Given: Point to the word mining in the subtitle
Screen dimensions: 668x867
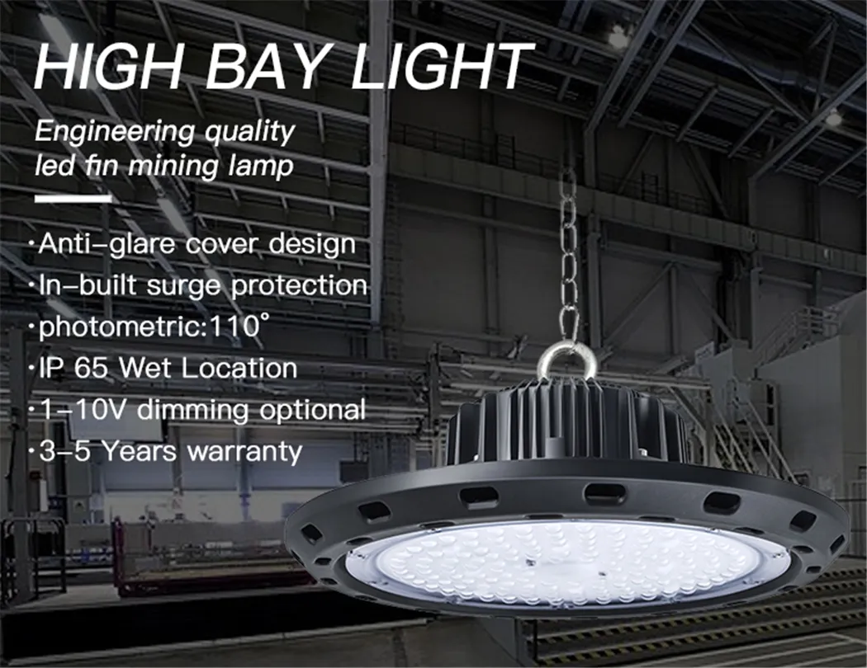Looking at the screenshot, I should click(x=186, y=167).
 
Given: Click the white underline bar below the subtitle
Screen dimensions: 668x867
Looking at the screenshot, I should click(x=72, y=198).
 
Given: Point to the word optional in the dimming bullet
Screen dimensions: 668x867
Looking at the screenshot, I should click(x=311, y=409).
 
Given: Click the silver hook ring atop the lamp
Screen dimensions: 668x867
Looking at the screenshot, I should click(x=567, y=360).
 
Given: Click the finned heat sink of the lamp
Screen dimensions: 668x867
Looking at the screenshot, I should click(x=568, y=425).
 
